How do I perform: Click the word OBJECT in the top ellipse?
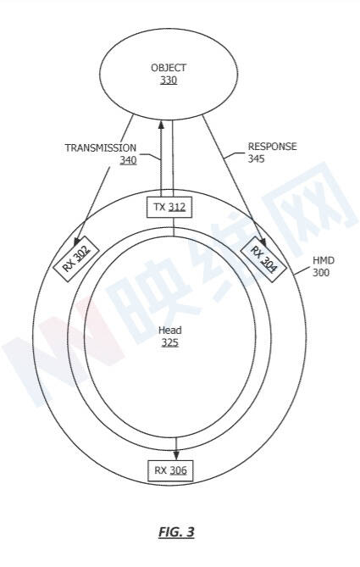(169, 68)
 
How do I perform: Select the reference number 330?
(169, 80)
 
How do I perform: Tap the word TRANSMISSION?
(101, 148)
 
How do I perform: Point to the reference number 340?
(128, 160)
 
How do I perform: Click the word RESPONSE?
(272, 147)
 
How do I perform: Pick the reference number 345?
(257, 158)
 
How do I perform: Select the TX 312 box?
(169, 207)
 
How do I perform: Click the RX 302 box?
(76, 258)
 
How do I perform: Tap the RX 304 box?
(263, 260)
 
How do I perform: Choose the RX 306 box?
(170, 470)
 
